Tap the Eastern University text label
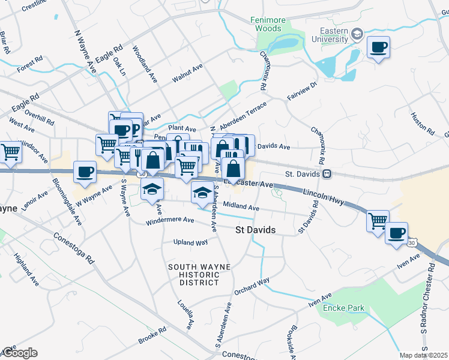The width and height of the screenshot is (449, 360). pos(326,35)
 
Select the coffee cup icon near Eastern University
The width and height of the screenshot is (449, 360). pos(378,47)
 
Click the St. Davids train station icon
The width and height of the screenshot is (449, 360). pos(327,174)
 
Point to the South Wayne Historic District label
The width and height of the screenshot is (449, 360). pos(193,275)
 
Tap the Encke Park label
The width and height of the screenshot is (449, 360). pos(344,308)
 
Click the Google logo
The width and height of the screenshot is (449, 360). pos(19,353)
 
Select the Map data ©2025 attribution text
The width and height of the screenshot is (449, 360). pos(424,355)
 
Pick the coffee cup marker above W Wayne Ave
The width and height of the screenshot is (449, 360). pos(85,172)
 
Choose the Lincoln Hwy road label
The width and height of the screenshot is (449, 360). pos(323,198)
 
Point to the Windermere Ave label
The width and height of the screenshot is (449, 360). pos(170,221)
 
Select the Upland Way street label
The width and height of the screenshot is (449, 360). pos(190,242)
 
